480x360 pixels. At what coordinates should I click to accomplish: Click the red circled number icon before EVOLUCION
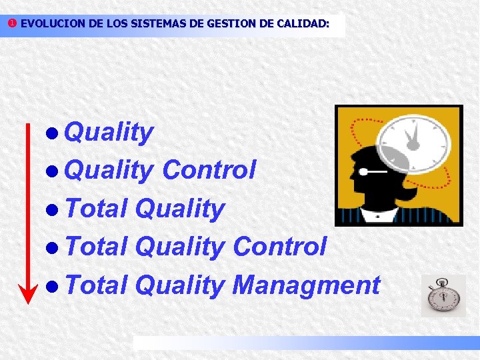(12, 23)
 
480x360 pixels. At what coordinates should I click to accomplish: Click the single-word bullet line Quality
(110, 133)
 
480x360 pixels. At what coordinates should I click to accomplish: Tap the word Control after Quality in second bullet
(209, 171)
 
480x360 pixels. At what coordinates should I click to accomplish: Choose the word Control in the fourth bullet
(279, 247)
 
